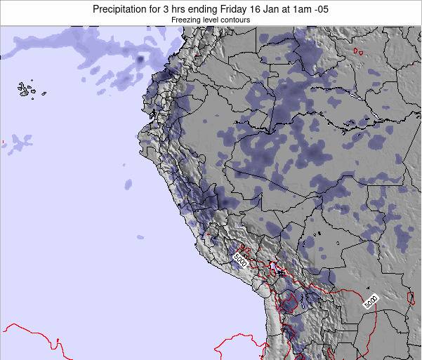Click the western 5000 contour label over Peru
(x=240, y=258)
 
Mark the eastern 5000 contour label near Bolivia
(x=371, y=302)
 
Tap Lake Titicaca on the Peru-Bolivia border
(x=279, y=270)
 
